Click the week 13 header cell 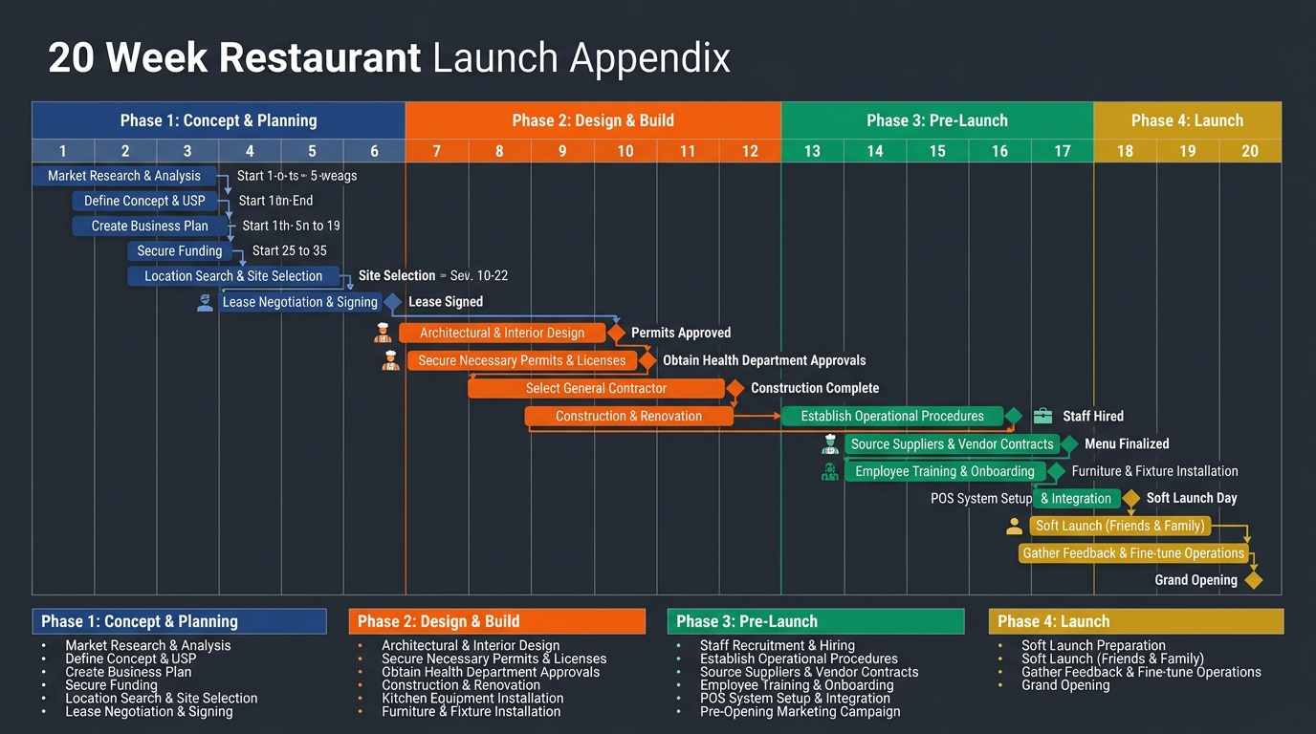812,151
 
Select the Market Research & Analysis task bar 124,176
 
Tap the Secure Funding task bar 180,251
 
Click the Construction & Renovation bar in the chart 628,417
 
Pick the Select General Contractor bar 596,388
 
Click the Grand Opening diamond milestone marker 1253,580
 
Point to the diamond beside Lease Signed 392,302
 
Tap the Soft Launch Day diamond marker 1131,498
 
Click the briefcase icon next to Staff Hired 1042,416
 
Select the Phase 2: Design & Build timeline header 593,120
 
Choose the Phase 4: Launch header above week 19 1187,120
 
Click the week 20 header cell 1250,151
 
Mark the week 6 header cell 374,151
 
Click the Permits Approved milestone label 681,333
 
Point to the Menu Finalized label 1127,443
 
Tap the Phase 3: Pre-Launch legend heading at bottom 747,621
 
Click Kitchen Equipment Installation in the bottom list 472,698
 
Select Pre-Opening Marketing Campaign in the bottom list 800,711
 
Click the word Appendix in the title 650,58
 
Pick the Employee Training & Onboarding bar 945,471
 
